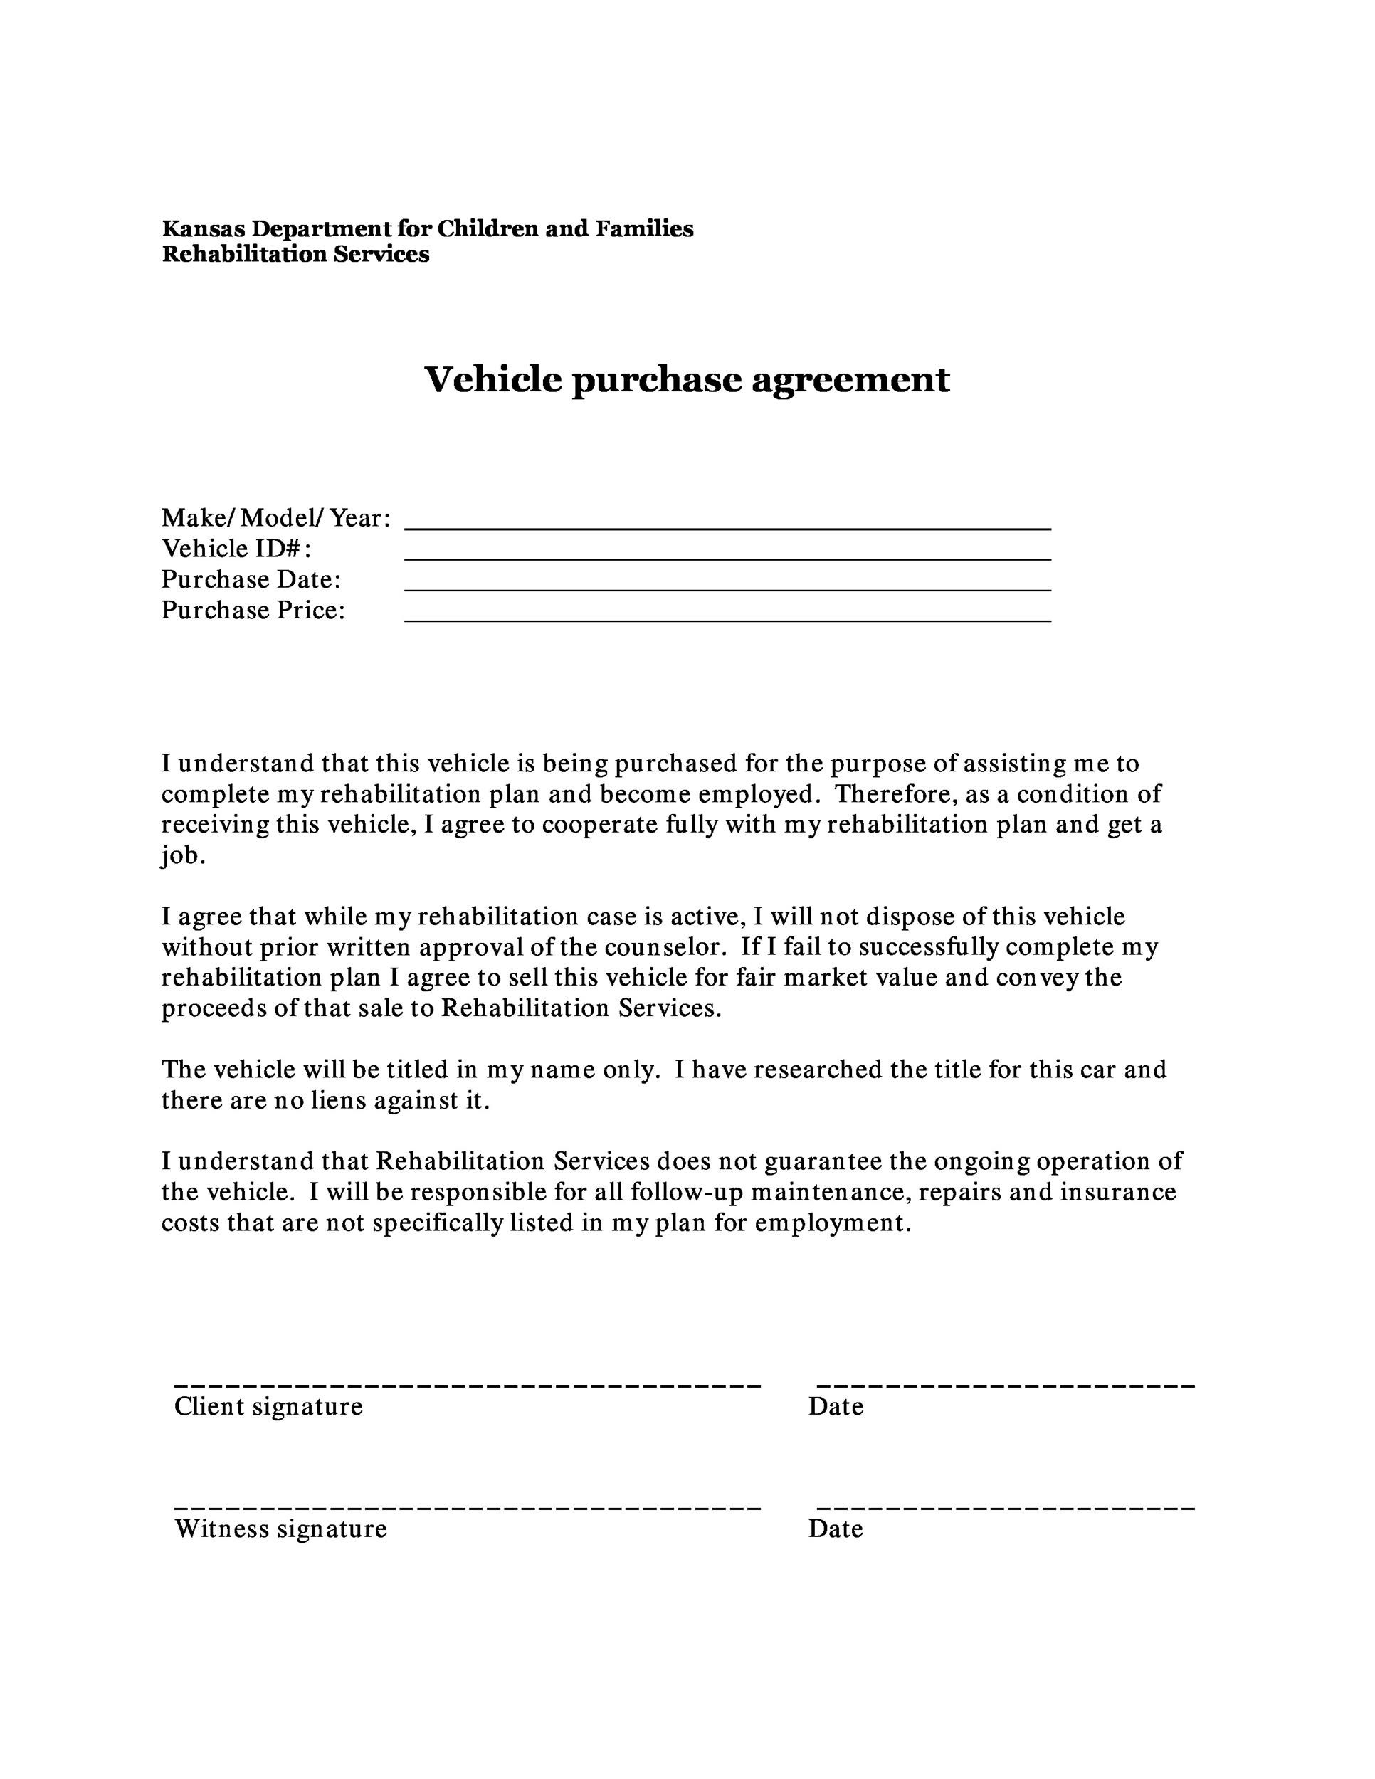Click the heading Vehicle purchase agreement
click(x=687, y=379)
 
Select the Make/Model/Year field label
click(x=275, y=518)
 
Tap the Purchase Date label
click(x=251, y=580)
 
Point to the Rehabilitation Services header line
click(x=295, y=255)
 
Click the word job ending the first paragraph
click(x=180, y=856)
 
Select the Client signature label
click(x=268, y=1407)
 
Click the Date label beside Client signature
click(x=835, y=1407)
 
